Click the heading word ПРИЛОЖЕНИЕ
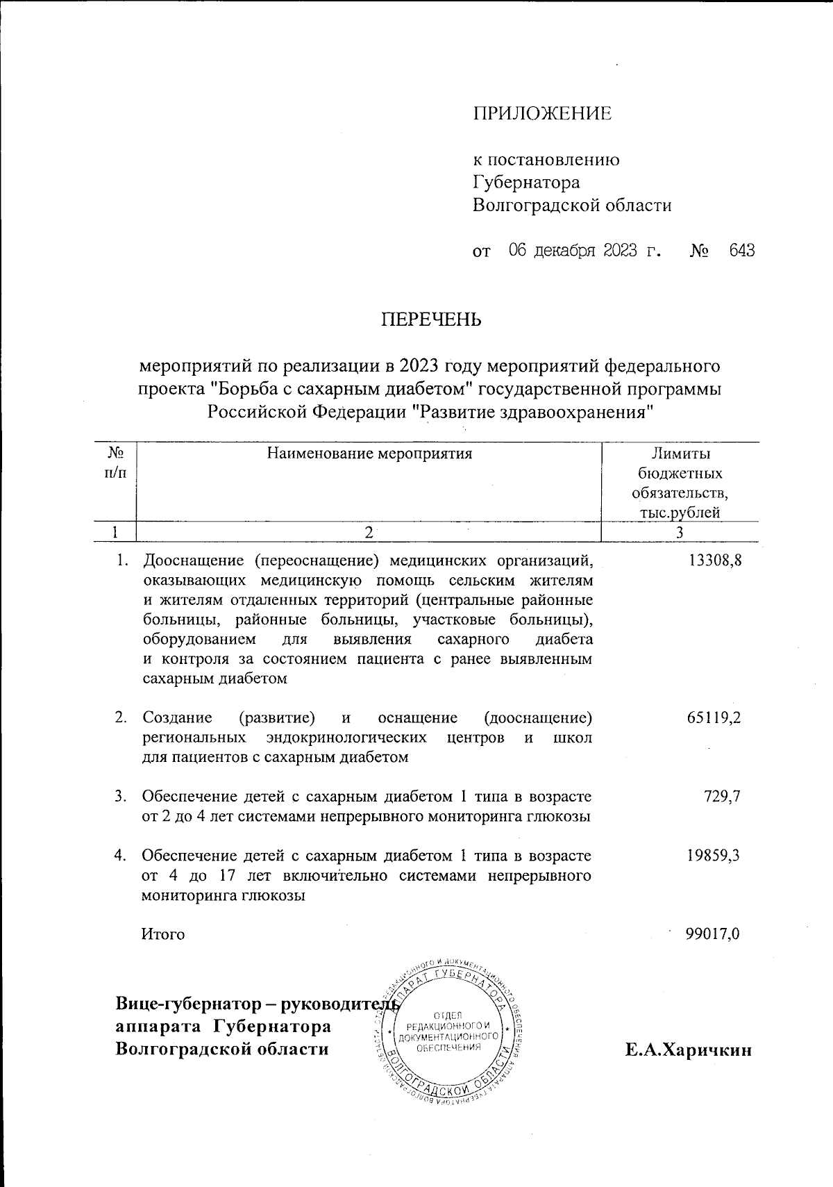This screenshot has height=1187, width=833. tap(542, 114)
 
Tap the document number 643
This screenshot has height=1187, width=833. tap(741, 250)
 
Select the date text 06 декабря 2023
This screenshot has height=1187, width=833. tap(573, 250)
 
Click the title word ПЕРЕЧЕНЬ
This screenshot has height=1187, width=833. tap(430, 320)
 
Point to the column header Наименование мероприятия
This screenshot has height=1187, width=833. tap(369, 454)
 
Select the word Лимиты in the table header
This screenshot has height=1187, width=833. tap(680, 454)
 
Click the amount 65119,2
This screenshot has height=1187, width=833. tap(714, 717)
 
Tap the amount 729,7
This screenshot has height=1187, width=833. tap(722, 797)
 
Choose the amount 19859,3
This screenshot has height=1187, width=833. tap(714, 856)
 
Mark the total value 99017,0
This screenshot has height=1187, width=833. tap(712, 934)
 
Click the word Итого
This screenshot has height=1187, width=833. tap(163, 934)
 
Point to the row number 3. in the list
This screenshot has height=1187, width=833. tap(121, 797)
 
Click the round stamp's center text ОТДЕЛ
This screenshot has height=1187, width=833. tap(448, 1015)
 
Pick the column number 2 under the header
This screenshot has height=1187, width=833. tap(369, 533)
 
